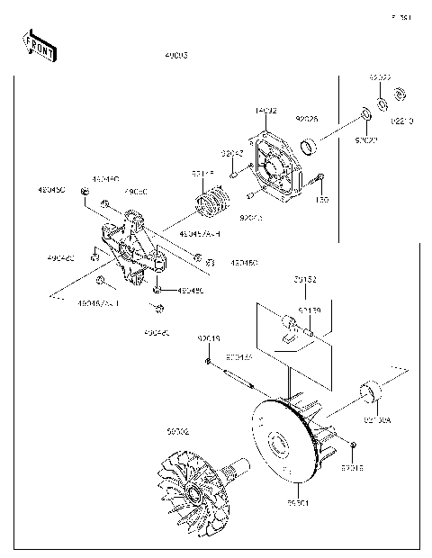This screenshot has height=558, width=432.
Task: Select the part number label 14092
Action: [x=265, y=111]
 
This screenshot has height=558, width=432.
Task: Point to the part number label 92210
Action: [x=403, y=121]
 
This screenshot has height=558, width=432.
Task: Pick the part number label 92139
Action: [x=310, y=310]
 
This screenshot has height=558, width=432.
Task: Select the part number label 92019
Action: [x=209, y=338]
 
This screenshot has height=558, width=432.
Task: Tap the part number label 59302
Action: [x=177, y=432]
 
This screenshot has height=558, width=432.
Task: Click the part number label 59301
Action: [x=298, y=502]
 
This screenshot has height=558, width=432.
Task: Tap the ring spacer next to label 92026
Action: [x=310, y=145]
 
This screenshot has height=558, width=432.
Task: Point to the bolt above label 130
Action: [x=319, y=179]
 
